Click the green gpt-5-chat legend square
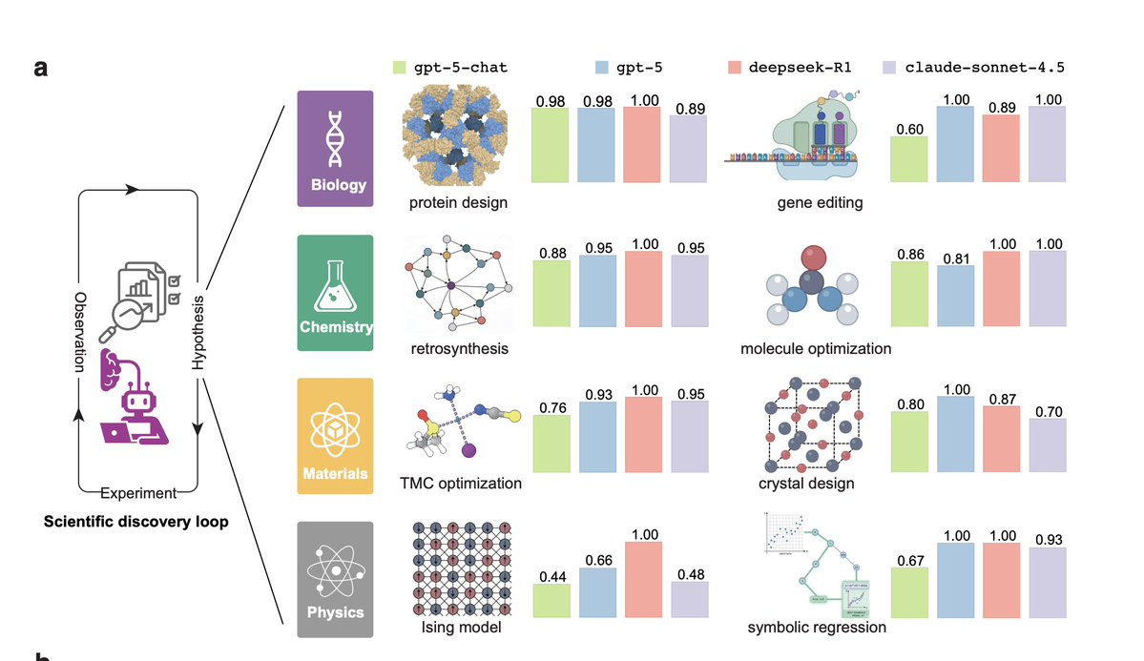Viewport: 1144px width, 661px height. click(401, 67)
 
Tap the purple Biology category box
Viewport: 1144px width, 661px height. click(334, 147)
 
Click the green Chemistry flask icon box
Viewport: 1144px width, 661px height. click(334, 286)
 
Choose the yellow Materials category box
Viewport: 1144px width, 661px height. click(334, 435)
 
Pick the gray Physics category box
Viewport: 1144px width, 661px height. click(334, 579)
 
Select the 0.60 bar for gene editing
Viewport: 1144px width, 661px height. click(908, 158)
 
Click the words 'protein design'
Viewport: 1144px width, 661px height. click(459, 202)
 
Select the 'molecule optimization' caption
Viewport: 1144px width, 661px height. click(816, 348)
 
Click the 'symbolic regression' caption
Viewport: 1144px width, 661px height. click(817, 627)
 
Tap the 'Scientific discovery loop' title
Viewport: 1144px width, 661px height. click(136, 522)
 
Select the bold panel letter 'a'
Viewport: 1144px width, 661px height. click(41, 68)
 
